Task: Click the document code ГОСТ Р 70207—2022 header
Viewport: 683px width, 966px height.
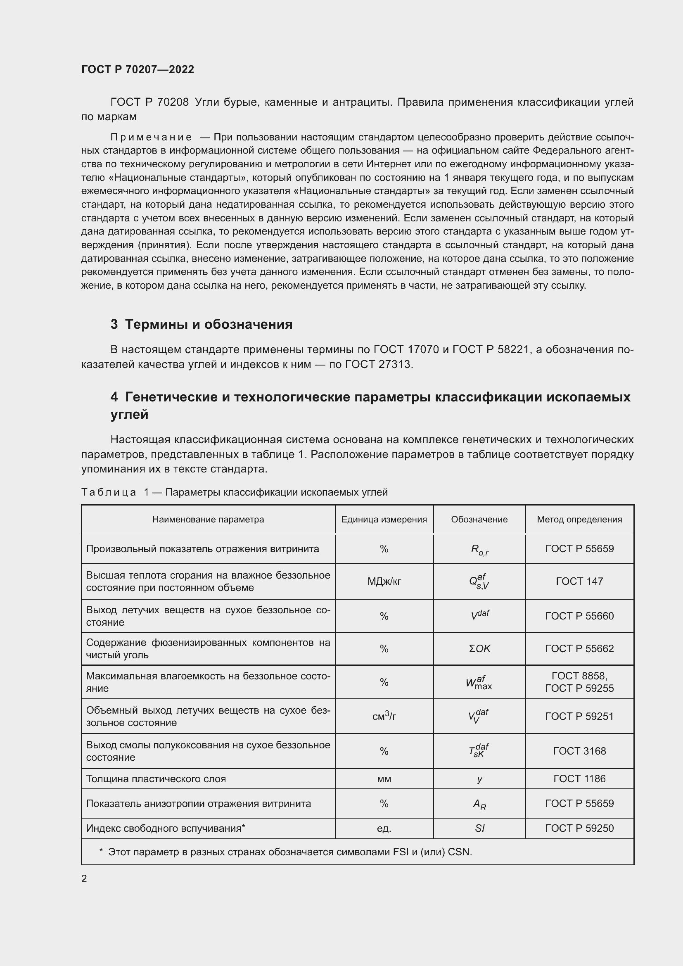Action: click(138, 69)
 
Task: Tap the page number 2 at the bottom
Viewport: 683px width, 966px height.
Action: click(84, 878)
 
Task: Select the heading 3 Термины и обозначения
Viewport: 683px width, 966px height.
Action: click(202, 324)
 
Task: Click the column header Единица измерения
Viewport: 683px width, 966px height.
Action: click(384, 519)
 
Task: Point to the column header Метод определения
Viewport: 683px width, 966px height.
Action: click(579, 519)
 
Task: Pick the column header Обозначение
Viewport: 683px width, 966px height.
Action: click(479, 519)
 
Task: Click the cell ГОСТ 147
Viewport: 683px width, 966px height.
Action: click(579, 581)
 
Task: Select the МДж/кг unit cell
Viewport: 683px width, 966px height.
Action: click(384, 581)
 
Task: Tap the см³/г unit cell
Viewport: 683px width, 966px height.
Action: click(384, 716)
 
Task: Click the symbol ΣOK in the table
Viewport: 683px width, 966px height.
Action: click(479, 648)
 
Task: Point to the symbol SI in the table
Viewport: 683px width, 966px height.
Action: click(479, 828)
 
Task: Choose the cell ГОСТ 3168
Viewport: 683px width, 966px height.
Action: click(579, 750)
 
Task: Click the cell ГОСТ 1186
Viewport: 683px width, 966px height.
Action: click(579, 778)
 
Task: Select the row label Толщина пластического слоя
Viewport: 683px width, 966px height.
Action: click(156, 778)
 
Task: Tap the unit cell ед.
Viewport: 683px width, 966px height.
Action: click(384, 828)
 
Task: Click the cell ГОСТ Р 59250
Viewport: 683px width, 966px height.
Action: click(579, 828)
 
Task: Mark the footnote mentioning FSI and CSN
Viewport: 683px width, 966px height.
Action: click(286, 852)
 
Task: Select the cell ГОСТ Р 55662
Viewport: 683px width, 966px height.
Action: click(579, 648)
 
